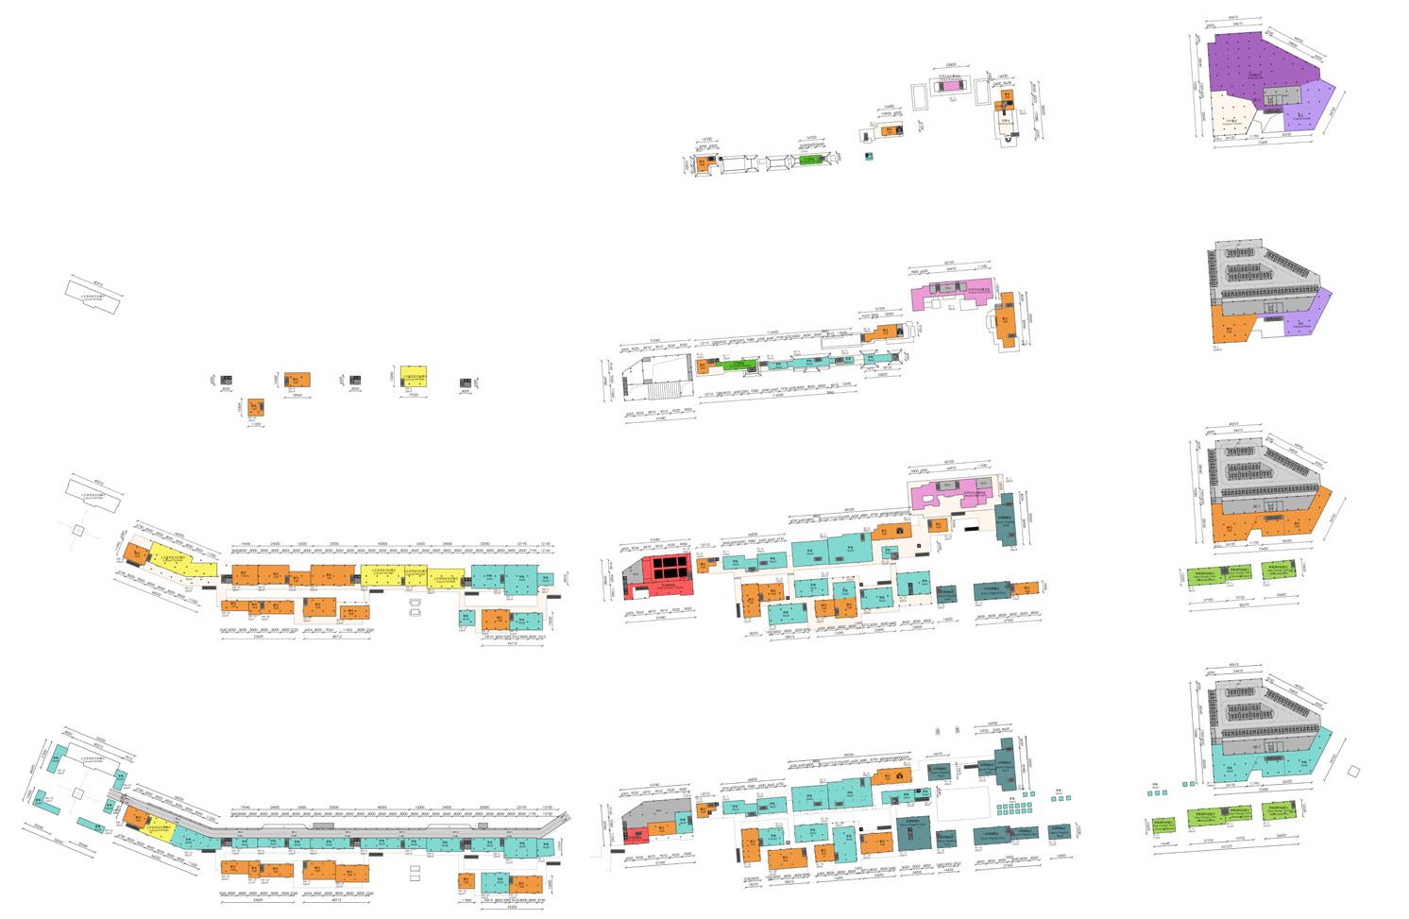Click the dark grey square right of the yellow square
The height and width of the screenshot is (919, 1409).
click(466, 383)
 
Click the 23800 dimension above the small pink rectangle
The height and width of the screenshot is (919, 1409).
click(946, 66)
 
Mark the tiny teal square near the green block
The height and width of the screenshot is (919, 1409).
click(870, 156)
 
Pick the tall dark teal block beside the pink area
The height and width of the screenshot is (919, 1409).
click(1008, 518)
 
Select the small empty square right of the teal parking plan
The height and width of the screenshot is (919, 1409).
click(1353, 771)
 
